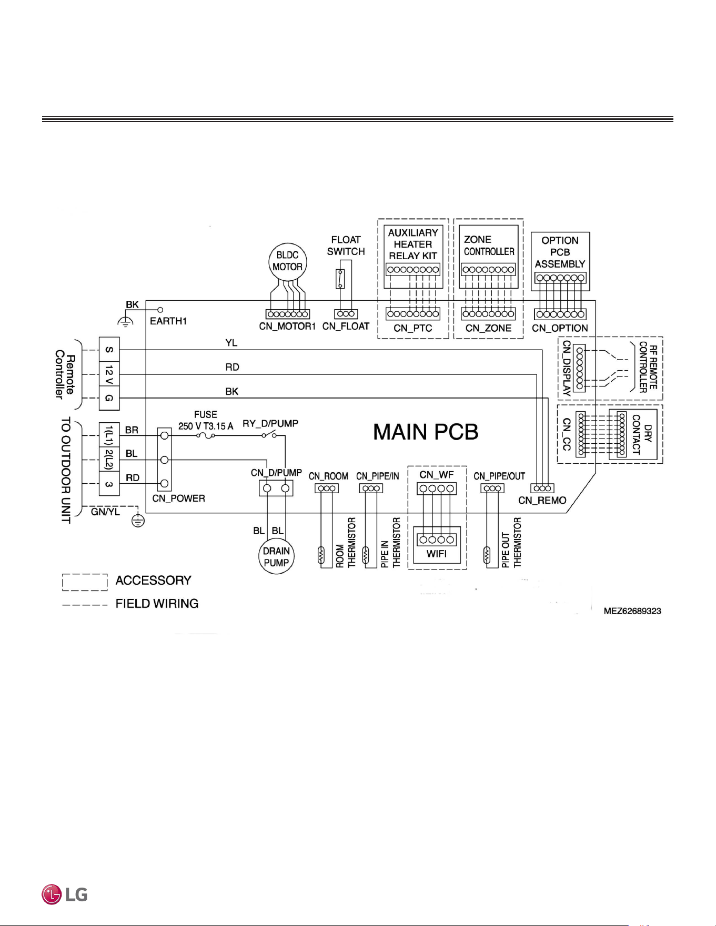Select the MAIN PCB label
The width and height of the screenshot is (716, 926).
pos(426,432)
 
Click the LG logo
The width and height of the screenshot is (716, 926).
pos(65,894)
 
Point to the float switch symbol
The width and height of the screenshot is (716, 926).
pos(340,279)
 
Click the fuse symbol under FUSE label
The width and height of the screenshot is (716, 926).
pos(206,435)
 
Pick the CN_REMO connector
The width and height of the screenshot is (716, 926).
pos(542,489)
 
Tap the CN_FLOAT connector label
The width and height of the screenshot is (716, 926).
pos(346,327)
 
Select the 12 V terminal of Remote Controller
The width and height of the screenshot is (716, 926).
pos(109,374)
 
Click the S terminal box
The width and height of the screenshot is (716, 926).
pos(109,350)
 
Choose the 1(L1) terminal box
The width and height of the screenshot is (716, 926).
pos(109,435)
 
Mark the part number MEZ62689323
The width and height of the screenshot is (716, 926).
pos(632,611)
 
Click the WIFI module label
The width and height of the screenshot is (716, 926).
pos(437,554)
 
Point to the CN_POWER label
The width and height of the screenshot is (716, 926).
pos(178,498)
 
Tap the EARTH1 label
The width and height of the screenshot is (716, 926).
pos(168,321)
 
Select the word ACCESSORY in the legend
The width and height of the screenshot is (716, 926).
pos(153,581)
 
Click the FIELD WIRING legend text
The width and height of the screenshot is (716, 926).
pos(157,604)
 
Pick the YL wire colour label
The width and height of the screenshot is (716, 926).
pos(231,343)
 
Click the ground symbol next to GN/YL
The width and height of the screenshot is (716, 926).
pos(138,521)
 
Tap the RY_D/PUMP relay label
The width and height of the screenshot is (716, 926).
pos(270,424)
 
